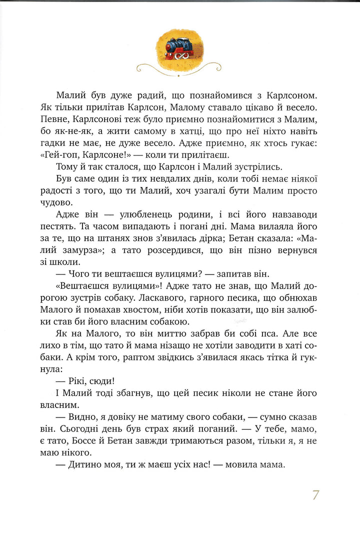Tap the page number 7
point(315,495)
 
